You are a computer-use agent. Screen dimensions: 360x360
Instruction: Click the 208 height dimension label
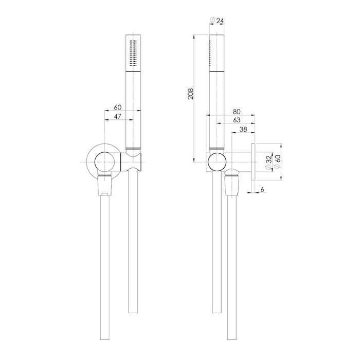191,94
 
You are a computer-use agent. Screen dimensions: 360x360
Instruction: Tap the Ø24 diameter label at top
217,21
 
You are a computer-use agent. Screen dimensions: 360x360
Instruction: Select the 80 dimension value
237,112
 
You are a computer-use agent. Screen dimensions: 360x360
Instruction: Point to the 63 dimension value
237,120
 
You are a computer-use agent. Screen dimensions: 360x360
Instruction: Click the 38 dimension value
243,129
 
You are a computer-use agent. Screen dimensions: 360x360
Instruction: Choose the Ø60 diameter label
277,161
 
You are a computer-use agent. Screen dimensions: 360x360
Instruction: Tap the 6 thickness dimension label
262,189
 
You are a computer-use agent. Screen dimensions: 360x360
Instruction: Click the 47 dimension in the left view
118,116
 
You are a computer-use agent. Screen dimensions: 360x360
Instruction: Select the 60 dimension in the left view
118,107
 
